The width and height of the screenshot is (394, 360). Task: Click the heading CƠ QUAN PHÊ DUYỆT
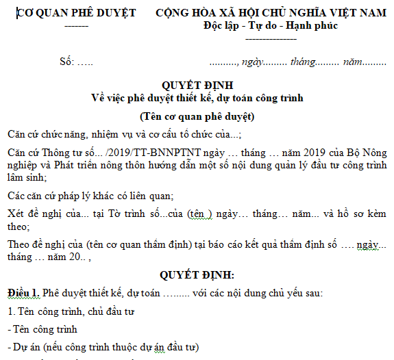(x=76, y=13)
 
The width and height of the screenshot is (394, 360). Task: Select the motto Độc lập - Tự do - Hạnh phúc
(x=270, y=26)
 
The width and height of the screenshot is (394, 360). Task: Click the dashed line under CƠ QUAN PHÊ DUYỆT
(x=75, y=26)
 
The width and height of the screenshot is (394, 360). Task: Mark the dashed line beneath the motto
(x=270, y=38)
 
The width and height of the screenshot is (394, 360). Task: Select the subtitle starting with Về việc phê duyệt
(x=197, y=98)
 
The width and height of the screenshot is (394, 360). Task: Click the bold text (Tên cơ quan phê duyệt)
(x=197, y=116)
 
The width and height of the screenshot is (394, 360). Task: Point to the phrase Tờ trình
(x=113, y=214)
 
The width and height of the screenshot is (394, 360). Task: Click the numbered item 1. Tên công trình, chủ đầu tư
(x=71, y=312)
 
